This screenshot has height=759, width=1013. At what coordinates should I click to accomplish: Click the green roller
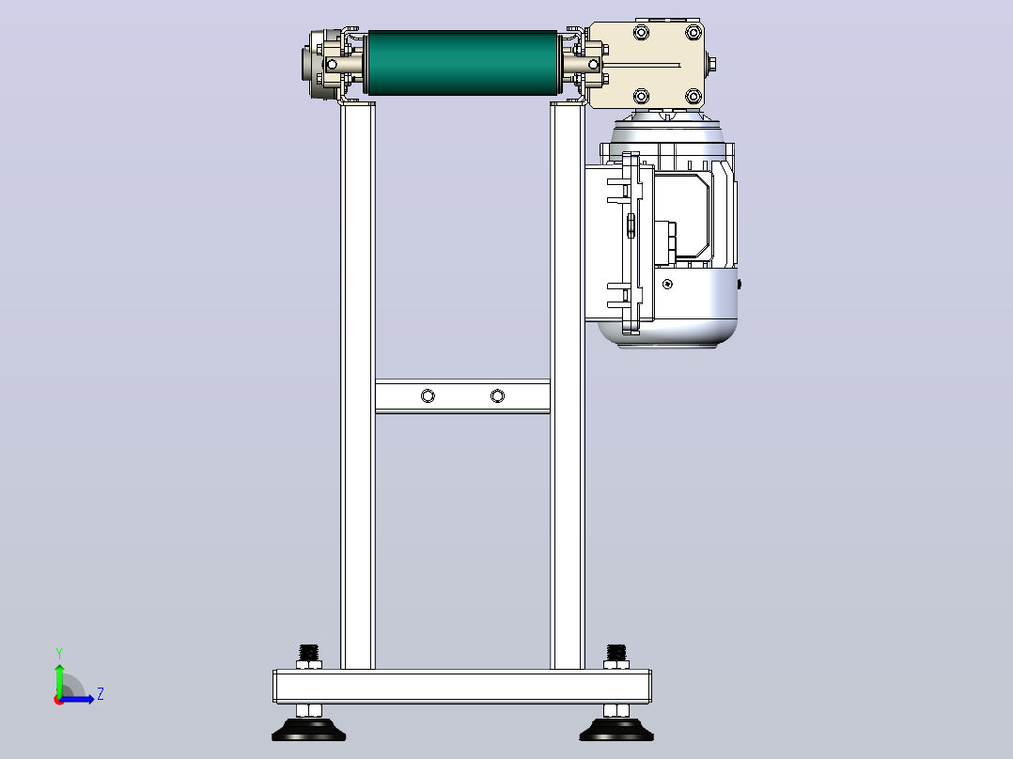click(x=462, y=63)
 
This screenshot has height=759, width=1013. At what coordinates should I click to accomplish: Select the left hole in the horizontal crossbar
click(x=428, y=396)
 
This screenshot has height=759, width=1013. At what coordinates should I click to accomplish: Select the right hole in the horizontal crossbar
click(x=497, y=396)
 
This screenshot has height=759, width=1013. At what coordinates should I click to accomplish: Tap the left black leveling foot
click(x=309, y=731)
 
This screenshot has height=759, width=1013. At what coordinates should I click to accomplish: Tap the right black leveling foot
click(x=616, y=731)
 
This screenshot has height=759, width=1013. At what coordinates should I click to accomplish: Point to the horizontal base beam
click(x=462, y=687)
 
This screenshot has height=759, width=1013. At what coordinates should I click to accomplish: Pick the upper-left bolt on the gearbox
click(x=641, y=32)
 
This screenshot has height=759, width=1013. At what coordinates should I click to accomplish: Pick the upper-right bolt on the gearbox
click(x=694, y=32)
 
